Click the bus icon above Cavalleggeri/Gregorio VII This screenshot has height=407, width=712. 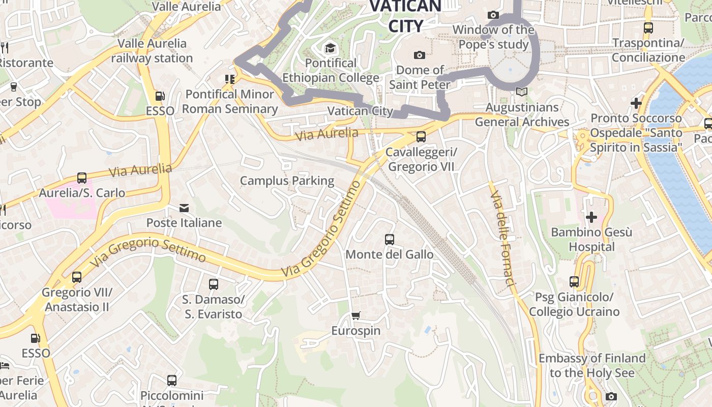(421, 136)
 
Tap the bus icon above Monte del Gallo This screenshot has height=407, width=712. (390, 239)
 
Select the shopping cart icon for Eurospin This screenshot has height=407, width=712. (356, 316)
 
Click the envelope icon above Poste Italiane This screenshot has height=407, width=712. (184, 208)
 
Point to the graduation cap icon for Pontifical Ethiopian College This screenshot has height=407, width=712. (331, 48)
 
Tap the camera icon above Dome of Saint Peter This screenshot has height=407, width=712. (420, 55)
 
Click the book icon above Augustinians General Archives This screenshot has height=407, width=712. (521, 92)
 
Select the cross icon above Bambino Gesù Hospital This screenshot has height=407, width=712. (591, 217)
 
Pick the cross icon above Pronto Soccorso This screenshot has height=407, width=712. (636, 103)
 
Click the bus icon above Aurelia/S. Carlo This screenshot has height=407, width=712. (82, 178)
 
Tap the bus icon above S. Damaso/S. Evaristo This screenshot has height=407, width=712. (214, 284)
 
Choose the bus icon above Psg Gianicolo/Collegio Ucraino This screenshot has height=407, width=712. (574, 281)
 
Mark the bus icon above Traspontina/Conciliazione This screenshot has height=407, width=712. (648, 28)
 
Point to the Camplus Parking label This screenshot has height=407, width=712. (287, 181)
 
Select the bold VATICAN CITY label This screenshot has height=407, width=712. (405, 16)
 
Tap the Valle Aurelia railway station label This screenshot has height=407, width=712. (152, 50)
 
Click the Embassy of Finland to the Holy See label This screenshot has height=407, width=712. (592, 365)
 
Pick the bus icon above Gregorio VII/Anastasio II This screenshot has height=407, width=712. (77, 277)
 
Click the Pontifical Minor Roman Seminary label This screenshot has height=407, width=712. (230, 101)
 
